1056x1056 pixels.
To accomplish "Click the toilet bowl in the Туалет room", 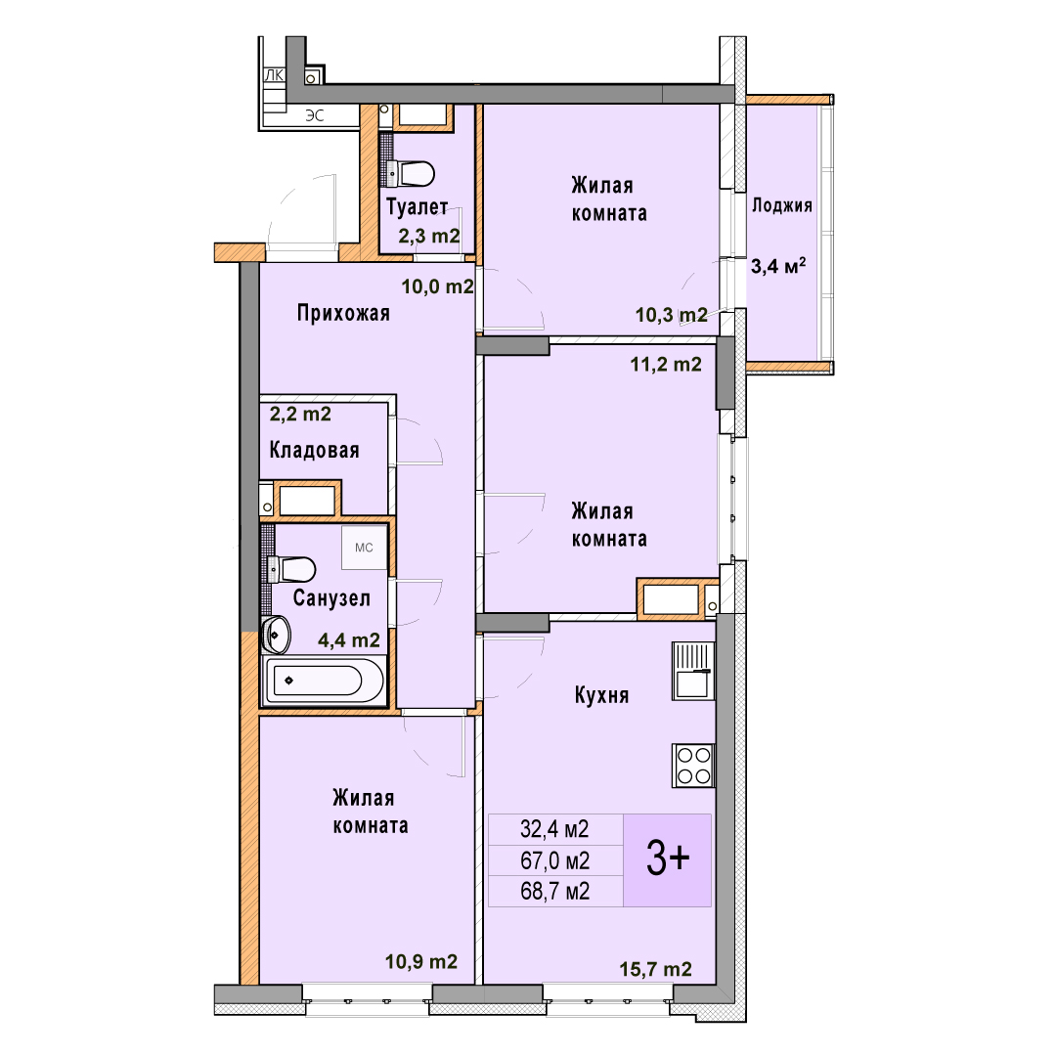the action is [413, 173].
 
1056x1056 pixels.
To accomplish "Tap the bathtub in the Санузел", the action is [325, 681].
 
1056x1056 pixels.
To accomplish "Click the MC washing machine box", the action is [364, 548].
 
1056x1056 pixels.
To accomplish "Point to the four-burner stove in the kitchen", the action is [693, 765].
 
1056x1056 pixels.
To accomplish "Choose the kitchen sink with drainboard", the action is [693, 671].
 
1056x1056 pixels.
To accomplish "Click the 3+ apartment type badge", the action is [668, 860].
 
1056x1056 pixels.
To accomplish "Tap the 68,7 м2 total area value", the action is [555, 892].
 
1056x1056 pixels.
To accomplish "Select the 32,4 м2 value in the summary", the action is [554, 829].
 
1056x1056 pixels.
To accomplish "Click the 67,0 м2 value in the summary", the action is [555, 860].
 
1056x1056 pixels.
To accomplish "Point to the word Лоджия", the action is [782, 205].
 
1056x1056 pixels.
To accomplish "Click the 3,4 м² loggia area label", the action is [778, 266].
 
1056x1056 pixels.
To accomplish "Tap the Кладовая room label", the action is [315, 450].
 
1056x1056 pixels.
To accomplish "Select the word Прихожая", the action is [343, 313].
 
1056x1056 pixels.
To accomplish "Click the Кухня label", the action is [602, 695].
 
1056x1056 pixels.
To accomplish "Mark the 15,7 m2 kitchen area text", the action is [656, 969].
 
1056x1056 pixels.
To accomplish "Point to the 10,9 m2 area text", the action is [421, 962].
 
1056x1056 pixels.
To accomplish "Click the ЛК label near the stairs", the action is [274, 76].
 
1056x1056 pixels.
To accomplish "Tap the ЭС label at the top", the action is [315, 115].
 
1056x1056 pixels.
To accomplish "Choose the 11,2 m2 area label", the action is [666, 365].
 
